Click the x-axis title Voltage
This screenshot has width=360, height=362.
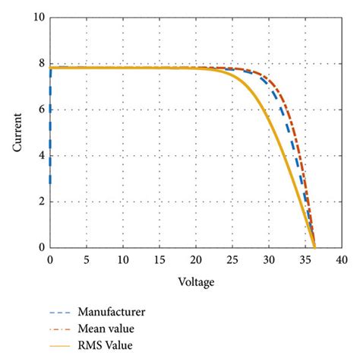pyautogui.click(x=197, y=282)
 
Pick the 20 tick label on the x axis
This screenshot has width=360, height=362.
pyautogui.click(x=197, y=260)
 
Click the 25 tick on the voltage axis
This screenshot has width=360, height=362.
pyautogui.click(x=233, y=260)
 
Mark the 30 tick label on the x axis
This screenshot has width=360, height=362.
pyautogui.click(x=270, y=260)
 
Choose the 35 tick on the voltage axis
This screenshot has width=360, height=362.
pyautogui.click(x=306, y=260)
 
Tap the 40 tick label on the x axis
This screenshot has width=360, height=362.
pyautogui.click(x=343, y=260)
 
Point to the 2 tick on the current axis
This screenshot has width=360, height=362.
pyautogui.click(x=41, y=202)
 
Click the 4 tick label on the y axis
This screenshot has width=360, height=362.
pyautogui.click(x=41, y=156)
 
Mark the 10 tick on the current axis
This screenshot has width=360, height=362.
pyautogui.click(x=39, y=17)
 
